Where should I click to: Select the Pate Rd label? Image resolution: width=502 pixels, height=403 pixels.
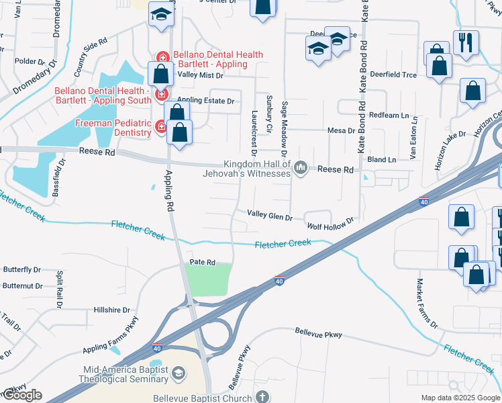[201, 262]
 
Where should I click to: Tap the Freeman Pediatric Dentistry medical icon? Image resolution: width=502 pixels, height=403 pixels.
[160, 126]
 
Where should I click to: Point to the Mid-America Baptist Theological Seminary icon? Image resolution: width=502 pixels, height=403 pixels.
[178, 373]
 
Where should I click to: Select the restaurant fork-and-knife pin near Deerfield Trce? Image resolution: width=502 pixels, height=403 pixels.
[465, 43]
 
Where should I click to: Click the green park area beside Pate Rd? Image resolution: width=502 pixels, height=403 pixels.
[208, 279]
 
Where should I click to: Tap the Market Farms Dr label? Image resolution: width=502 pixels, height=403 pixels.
[426, 304]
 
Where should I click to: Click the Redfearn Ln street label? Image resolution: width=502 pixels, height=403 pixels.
[389, 115]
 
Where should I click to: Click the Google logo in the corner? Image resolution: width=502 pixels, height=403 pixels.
[21, 396]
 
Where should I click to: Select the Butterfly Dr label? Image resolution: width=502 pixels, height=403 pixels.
[22, 269]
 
